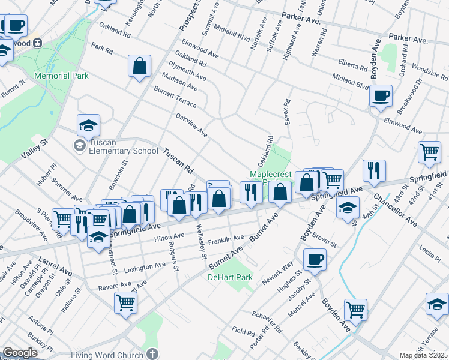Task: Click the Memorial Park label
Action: pos(61,76)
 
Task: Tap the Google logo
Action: pos(20,353)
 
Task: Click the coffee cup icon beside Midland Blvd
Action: pos(381,96)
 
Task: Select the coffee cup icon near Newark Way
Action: pos(315,260)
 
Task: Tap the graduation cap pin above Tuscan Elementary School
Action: pos(88,126)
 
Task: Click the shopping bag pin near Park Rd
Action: pos(139,67)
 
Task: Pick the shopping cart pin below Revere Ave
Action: pos(126,302)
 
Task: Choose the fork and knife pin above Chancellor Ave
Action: pos(374,171)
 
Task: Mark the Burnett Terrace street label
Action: pos(175,97)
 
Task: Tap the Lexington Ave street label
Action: pos(144,265)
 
